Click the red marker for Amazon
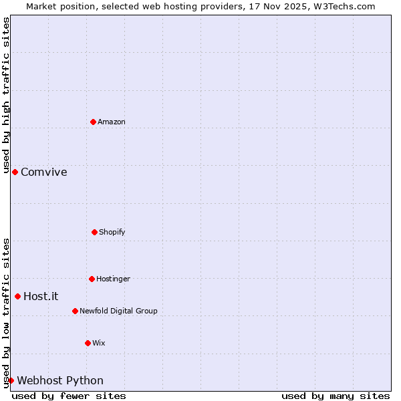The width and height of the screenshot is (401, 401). (x=94, y=122)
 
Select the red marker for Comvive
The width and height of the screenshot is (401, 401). (x=15, y=172)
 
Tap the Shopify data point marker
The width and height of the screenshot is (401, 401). (x=94, y=232)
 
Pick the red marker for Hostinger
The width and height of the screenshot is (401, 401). (x=92, y=279)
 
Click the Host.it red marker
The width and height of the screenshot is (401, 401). (x=18, y=296)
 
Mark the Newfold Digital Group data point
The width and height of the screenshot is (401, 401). (x=75, y=311)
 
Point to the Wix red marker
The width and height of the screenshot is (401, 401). (x=88, y=343)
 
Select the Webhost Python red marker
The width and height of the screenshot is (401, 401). (x=11, y=380)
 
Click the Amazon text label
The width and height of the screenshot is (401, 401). (x=112, y=122)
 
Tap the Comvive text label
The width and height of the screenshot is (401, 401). (x=44, y=172)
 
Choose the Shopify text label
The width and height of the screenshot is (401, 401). (x=112, y=232)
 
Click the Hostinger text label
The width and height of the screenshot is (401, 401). (x=114, y=279)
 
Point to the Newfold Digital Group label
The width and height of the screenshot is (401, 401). (x=119, y=311)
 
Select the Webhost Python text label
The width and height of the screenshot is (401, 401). (x=60, y=380)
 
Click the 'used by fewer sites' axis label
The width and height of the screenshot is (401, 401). (x=69, y=396)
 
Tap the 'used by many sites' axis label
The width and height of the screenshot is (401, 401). (x=336, y=396)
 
